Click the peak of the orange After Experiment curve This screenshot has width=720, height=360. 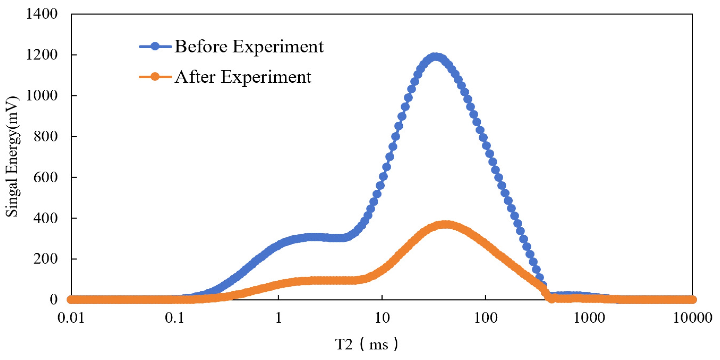(x=446, y=225)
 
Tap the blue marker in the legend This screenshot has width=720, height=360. (x=155, y=46)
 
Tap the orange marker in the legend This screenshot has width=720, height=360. (x=155, y=77)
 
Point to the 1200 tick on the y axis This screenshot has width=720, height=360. (x=42, y=54)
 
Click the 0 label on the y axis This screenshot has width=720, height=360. (x=54, y=300)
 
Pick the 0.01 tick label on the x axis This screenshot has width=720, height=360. (x=71, y=318)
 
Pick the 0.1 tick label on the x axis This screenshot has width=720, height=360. (x=175, y=318)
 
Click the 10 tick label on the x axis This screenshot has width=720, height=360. (x=382, y=318)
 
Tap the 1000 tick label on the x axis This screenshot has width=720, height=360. (x=589, y=318)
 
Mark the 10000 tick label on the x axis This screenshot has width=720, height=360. (x=693, y=318)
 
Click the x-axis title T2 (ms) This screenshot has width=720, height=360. (x=366, y=344)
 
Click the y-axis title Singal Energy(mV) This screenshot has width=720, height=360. (x=12, y=156)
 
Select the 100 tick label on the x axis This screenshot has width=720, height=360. (x=486, y=318)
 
